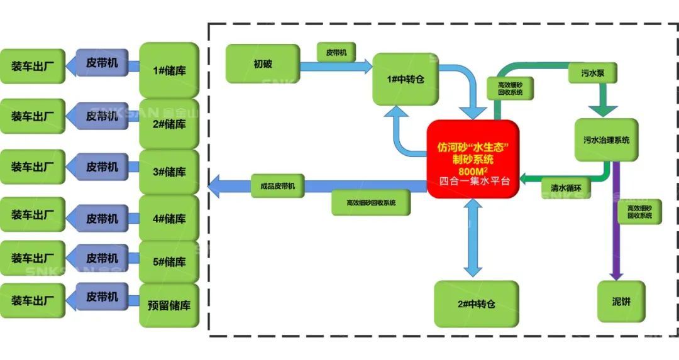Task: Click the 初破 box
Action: (262, 64)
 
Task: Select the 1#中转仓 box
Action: (406, 79)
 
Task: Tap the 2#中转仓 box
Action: (476, 304)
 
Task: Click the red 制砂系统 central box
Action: (473, 159)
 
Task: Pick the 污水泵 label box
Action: (592, 73)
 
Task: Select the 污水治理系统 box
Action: (606, 139)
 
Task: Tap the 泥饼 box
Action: (621, 302)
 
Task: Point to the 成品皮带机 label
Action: (277, 186)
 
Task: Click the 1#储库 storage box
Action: (169, 70)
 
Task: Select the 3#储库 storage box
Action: (169, 172)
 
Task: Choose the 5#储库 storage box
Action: (169, 262)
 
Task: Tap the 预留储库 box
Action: (169, 306)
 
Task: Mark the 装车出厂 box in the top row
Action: (32, 66)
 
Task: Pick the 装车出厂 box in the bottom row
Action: (32, 300)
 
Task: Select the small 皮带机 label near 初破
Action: (336, 53)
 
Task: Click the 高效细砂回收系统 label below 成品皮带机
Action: (371, 203)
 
